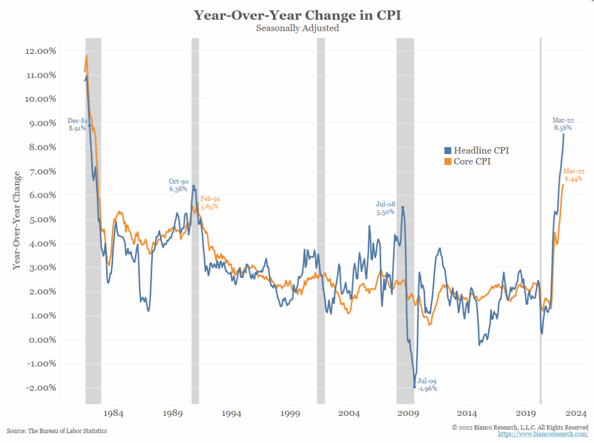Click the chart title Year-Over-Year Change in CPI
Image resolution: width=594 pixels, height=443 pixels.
click(297, 15)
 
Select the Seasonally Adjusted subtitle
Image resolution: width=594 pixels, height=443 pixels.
click(297, 28)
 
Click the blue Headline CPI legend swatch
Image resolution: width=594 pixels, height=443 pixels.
click(447, 150)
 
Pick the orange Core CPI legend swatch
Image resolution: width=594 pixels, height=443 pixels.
click(447, 162)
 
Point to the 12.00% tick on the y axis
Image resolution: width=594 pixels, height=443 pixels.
click(39, 51)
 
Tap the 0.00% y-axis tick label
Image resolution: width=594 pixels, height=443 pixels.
click(40, 340)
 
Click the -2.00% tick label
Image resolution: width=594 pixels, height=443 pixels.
click(39, 388)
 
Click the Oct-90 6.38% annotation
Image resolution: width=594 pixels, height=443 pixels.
click(178, 185)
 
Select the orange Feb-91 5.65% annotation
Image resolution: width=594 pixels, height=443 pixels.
click(209, 202)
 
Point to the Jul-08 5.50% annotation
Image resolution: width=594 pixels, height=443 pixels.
click(385, 208)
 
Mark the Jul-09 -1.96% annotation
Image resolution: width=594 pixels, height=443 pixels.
click(427, 385)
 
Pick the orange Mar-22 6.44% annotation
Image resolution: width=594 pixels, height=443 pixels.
click(574, 175)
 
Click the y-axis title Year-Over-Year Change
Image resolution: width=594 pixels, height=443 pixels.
click(17, 220)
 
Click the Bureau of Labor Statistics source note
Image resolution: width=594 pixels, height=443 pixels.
click(57, 431)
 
